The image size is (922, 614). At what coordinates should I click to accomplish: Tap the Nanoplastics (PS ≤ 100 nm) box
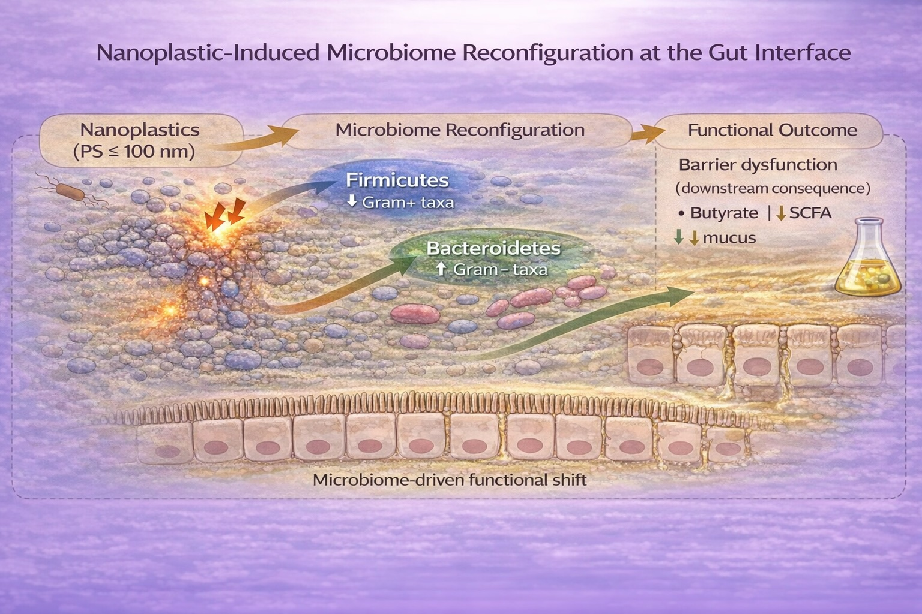[x=140, y=140]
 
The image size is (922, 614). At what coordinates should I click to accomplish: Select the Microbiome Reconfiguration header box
[x=460, y=130]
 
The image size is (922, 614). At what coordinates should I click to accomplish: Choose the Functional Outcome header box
[x=772, y=130]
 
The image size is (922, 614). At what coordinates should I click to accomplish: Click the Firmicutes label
[x=397, y=180]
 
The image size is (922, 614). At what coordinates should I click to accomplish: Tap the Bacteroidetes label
[x=493, y=248]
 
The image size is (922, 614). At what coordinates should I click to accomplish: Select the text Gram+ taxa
[x=408, y=203]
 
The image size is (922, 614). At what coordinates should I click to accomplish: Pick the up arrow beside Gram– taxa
[x=441, y=270]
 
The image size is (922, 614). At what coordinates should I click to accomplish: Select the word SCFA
[x=810, y=213]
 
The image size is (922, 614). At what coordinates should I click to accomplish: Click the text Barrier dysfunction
[x=758, y=165]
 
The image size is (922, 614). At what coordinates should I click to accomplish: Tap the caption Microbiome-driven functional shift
[x=450, y=480]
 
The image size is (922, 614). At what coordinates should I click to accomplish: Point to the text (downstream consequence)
[x=773, y=188]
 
